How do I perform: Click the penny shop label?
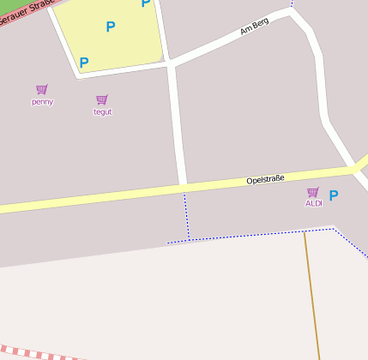[x=42, y=101]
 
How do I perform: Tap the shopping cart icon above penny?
[x=42, y=89]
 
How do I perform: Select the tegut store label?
[x=102, y=111]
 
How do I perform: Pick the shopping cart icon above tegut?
[x=102, y=99]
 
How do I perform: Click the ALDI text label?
[x=313, y=203]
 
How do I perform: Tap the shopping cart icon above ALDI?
[x=313, y=192]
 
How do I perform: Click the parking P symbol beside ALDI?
[x=334, y=195]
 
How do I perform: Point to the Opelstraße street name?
[x=265, y=180]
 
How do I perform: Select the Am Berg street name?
[x=255, y=27]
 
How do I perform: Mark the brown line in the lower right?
[x=311, y=291]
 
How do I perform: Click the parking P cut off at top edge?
[x=146, y=3]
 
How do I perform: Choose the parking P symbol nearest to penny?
[x=84, y=63]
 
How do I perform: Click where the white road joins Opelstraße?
[x=182, y=184]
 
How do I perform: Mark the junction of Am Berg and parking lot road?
[x=170, y=63]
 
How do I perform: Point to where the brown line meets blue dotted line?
[x=304, y=231]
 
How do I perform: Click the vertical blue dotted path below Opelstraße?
[x=186, y=214]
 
